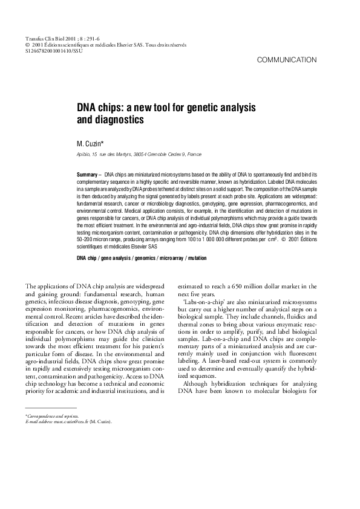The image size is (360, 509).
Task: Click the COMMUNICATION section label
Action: [x=287, y=60]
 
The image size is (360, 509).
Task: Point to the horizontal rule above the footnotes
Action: [x=51, y=409]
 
